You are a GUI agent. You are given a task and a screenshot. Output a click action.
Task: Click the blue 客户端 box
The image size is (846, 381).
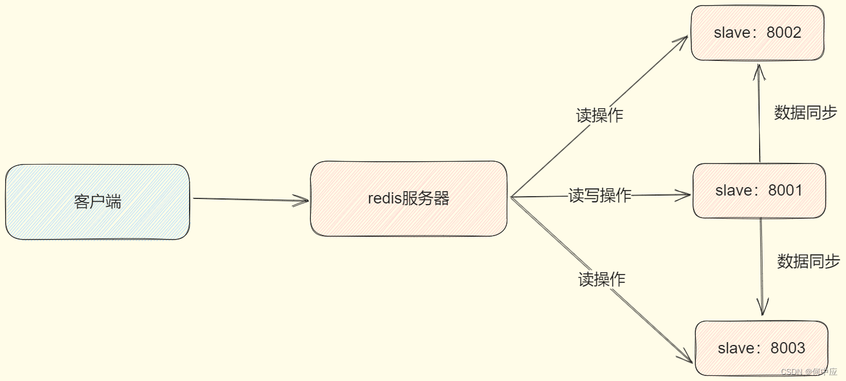(x=98, y=202)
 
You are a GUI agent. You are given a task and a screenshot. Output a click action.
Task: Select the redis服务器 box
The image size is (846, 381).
(x=408, y=198)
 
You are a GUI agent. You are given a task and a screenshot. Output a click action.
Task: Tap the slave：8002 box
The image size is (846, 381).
(x=757, y=33)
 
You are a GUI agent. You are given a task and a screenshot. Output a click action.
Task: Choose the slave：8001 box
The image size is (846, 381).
(x=759, y=191)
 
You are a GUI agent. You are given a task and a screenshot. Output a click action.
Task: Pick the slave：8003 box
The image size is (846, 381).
(x=761, y=348)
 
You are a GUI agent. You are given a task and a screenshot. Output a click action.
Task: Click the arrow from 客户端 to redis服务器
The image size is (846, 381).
(x=248, y=199)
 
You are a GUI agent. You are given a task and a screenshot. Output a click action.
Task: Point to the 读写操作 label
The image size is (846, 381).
(x=599, y=196)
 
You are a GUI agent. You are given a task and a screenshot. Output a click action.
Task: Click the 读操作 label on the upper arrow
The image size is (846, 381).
(x=599, y=116)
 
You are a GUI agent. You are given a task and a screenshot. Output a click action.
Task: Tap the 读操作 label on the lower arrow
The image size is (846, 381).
(x=602, y=279)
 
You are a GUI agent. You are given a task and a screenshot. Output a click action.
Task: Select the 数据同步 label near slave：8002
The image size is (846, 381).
(x=805, y=113)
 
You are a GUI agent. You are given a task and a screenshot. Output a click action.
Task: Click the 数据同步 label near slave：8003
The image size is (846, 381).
(x=808, y=261)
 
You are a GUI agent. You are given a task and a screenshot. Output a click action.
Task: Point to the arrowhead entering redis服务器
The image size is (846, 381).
(x=302, y=200)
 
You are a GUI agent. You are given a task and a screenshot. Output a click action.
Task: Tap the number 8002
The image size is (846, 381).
(x=784, y=33)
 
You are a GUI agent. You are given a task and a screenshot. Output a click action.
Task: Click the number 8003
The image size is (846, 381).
(x=788, y=348)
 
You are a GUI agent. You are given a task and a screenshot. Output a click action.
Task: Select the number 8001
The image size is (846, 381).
(x=786, y=191)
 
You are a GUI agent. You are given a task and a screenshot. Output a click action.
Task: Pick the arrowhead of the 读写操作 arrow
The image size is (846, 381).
(x=685, y=195)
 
